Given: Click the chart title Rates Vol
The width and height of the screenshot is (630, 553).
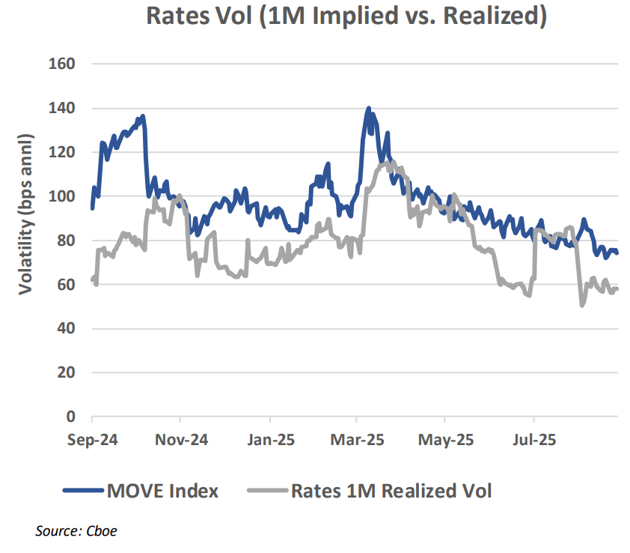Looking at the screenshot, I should click(346, 16).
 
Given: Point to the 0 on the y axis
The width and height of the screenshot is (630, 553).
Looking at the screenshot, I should click(71, 417).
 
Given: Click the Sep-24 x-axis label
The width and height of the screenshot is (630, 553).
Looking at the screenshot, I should click(92, 441).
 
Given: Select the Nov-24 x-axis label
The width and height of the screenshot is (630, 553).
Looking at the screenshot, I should click(181, 441).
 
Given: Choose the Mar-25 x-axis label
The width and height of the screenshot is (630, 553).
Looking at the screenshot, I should click(357, 441).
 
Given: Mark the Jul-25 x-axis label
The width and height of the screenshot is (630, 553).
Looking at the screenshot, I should click(533, 441).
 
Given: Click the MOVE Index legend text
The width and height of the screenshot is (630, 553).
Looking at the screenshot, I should click(162, 492).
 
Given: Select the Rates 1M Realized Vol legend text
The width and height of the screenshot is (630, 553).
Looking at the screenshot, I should click(391, 492).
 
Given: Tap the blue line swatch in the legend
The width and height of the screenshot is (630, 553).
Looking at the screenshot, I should click(82, 492).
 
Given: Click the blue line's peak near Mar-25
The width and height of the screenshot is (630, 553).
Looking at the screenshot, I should click(368, 109).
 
